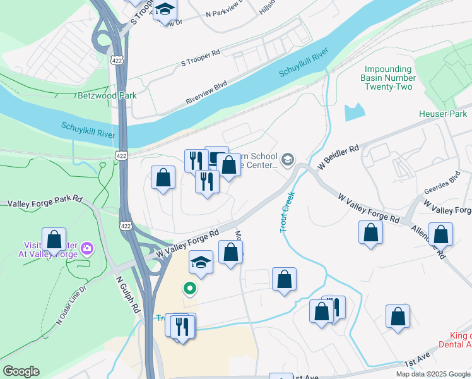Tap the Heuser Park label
(x=442, y=114)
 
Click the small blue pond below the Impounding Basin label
(x=355, y=112)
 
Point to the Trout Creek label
(x=288, y=212)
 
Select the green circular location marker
(x=189, y=289)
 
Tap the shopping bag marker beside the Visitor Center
(x=54, y=239)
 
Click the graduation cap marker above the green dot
(x=201, y=262)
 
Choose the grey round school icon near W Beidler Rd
(x=288, y=159)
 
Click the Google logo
(x=21, y=371)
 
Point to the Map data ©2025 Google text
(x=432, y=374)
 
